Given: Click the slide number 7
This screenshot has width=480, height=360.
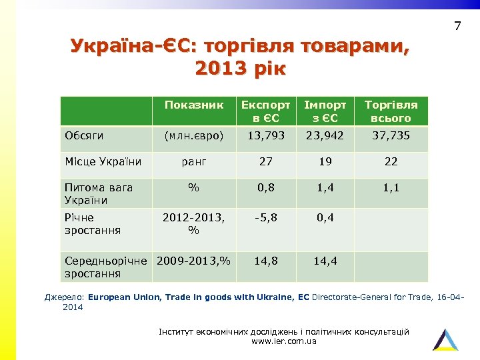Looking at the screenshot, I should [x=457, y=27].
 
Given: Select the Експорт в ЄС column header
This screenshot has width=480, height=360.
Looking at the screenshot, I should [x=265, y=111].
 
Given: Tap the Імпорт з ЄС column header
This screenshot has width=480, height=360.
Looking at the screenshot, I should [x=325, y=111].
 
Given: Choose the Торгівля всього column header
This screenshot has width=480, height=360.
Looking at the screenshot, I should [x=391, y=111].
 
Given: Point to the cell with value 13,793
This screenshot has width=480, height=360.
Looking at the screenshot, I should [x=265, y=135].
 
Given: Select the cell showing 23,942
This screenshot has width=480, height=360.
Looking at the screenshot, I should [x=325, y=135].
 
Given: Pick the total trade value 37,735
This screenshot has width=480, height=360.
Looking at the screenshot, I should [x=391, y=135].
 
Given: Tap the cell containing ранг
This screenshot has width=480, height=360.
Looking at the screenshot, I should [x=193, y=161].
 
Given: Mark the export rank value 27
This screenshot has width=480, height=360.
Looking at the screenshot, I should [x=265, y=161].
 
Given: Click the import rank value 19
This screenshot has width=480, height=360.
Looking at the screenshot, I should [x=325, y=161].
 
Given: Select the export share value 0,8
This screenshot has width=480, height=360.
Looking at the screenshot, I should [x=265, y=189].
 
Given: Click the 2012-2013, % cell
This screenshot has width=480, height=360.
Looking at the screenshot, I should [x=193, y=224].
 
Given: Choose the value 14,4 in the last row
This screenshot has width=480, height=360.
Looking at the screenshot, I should [x=325, y=261].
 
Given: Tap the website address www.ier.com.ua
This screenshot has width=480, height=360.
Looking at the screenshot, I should [x=284, y=341].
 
